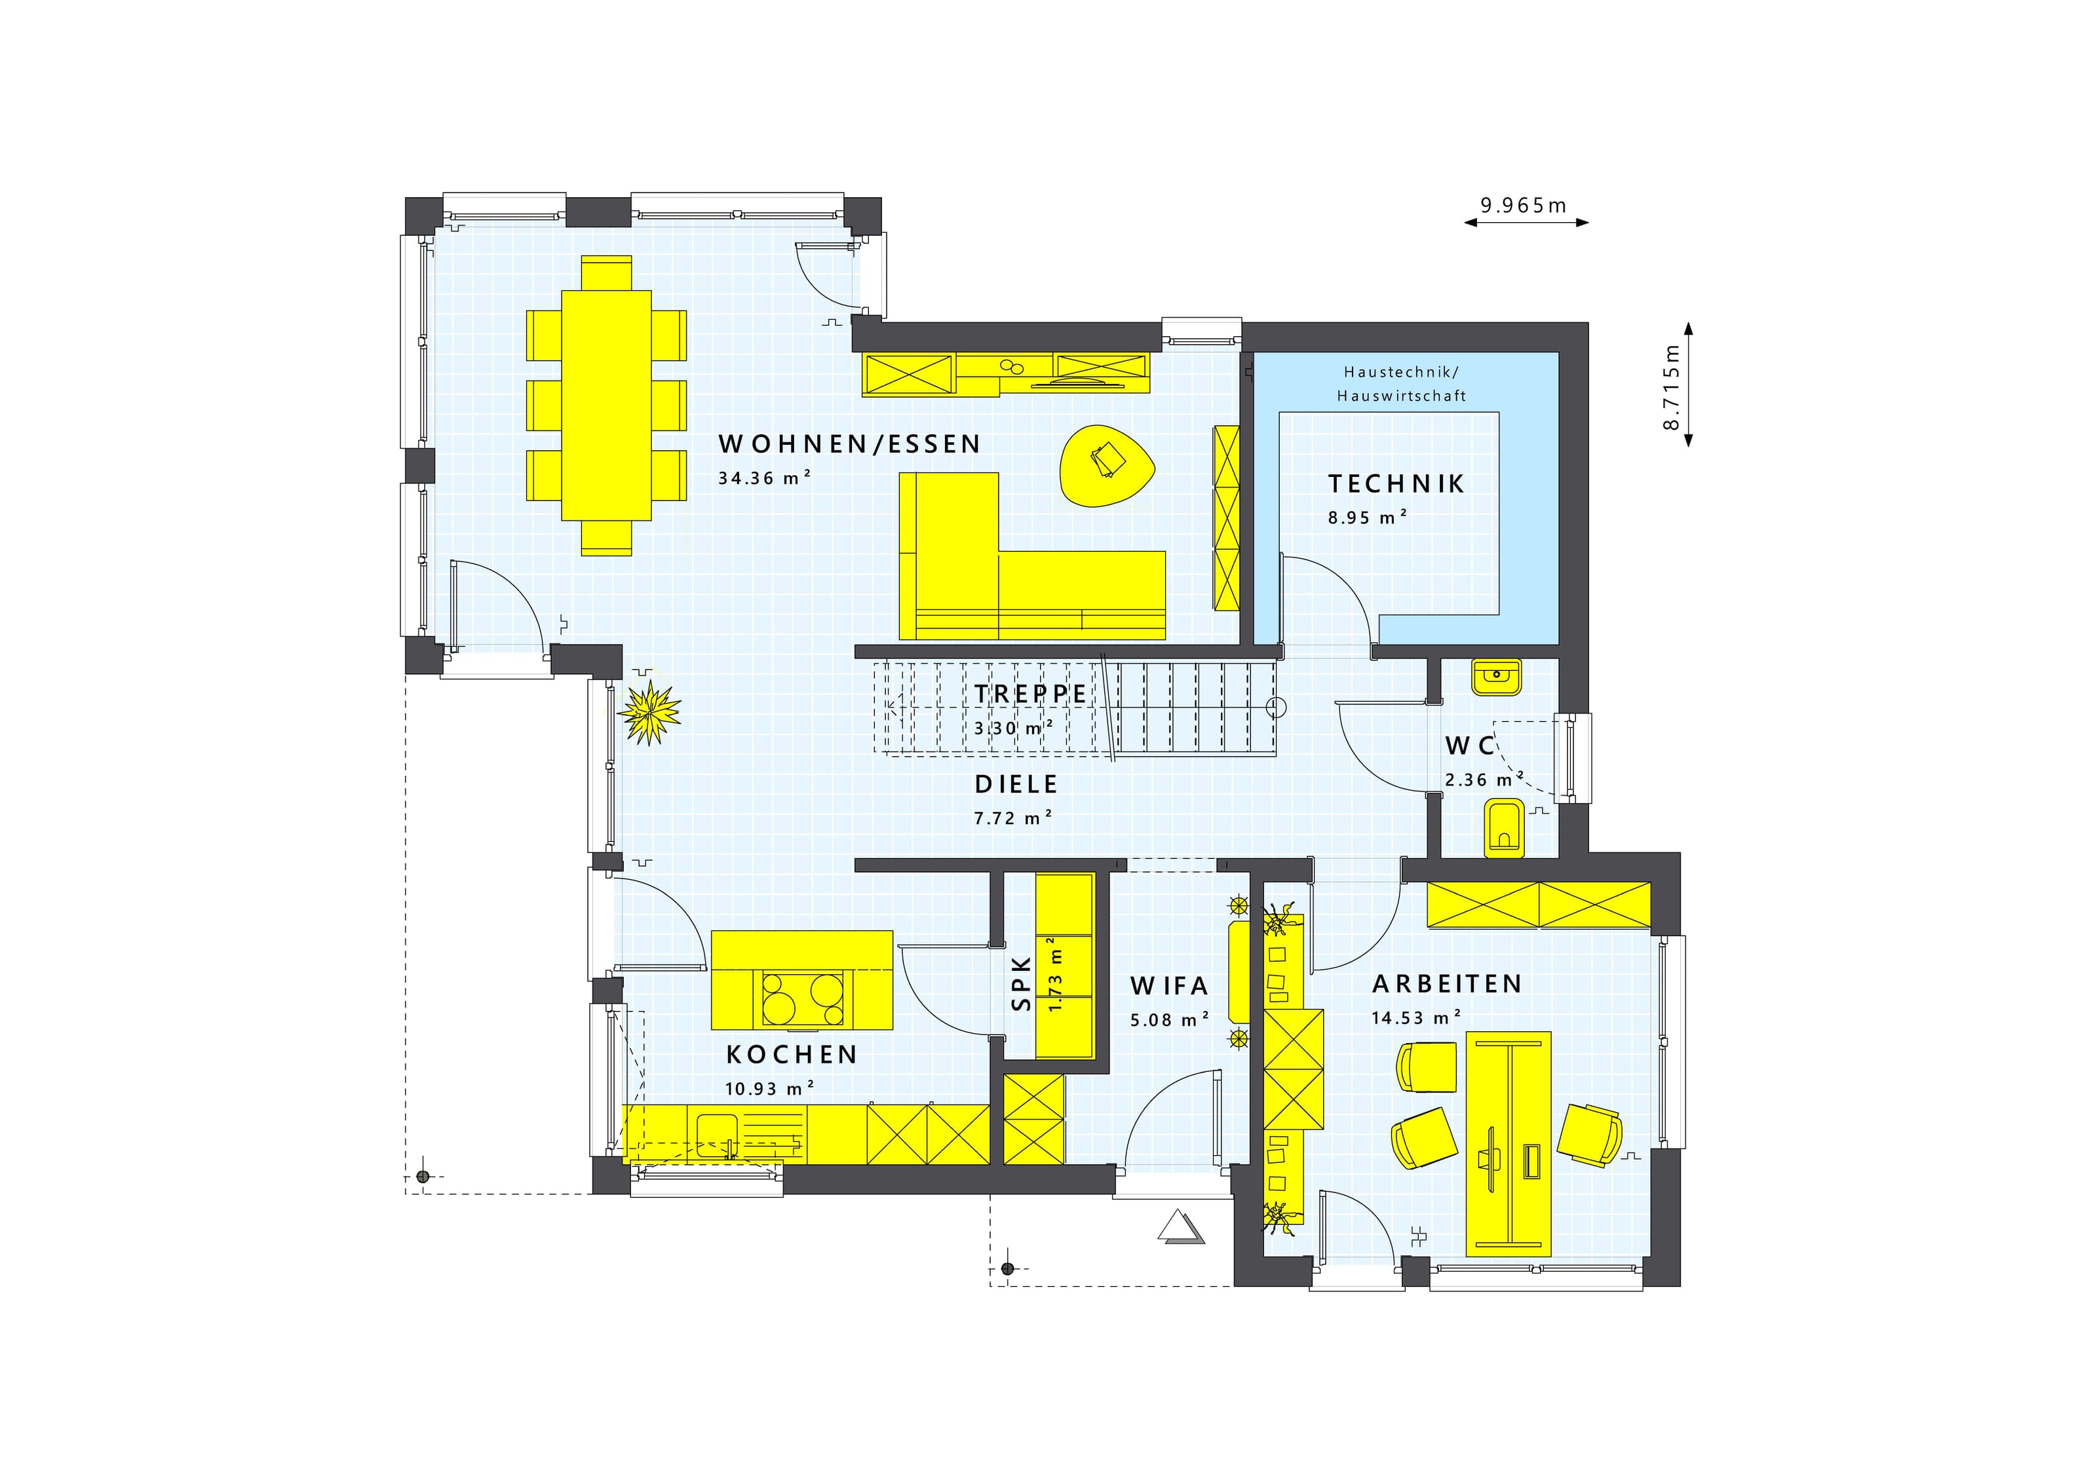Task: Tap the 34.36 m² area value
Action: [x=765, y=478]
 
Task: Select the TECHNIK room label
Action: [x=1396, y=484]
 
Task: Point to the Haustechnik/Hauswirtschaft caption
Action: [x=1402, y=383]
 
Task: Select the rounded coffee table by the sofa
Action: [x=1106, y=466]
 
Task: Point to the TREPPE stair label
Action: [x=1030, y=694]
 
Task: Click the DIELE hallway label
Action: [x=1016, y=784]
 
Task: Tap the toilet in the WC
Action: [x=1503, y=828]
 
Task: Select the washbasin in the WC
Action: [x=1496, y=677]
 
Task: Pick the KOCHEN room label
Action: [x=792, y=1055]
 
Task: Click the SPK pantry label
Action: [x=1021, y=983]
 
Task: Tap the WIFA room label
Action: [x=1169, y=986]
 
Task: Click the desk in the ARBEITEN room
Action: [x=1508, y=1144]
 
